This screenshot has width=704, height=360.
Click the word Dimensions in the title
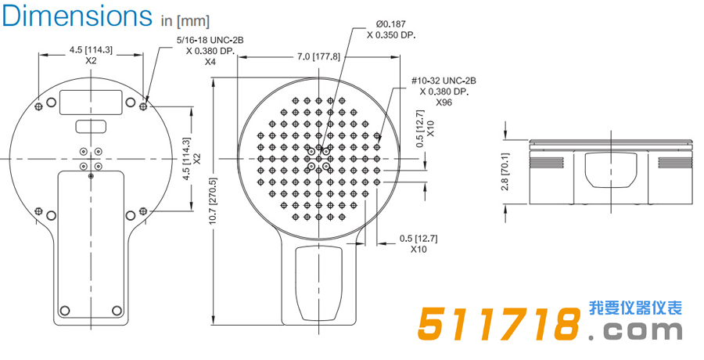click(77, 16)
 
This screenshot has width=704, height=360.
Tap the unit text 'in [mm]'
click(185, 20)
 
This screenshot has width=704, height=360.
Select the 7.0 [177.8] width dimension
click(318, 56)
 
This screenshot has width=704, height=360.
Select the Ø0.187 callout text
click(391, 23)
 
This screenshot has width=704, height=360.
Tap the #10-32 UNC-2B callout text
click(444, 81)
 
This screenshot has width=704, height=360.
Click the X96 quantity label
click(444, 103)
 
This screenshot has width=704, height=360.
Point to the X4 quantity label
click(210, 62)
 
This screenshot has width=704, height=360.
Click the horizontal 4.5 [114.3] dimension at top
click(91, 49)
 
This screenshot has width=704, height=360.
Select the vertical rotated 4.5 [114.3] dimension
click(186, 159)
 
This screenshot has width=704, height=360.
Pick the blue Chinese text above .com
click(634, 308)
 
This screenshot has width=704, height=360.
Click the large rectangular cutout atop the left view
click(91, 101)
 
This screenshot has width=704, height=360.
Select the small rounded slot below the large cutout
click(91, 126)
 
